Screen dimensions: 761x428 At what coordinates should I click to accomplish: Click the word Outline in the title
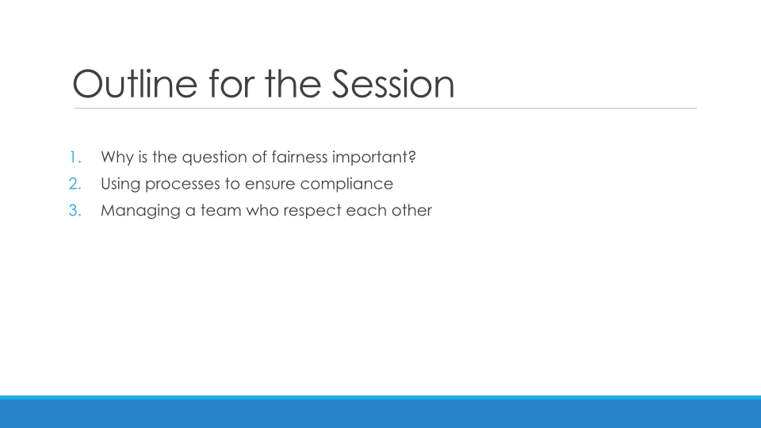pos(135,83)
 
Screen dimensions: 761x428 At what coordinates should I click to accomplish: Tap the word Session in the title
pos(393,83)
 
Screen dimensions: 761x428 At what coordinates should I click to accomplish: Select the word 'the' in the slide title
pos(293,83)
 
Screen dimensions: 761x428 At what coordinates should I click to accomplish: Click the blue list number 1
pos(75,157)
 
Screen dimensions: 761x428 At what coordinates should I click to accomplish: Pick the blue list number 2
pos(75,184)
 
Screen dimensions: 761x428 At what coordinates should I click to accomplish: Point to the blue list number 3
pos(75,211)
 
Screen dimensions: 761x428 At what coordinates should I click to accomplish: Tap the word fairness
pos(300,157)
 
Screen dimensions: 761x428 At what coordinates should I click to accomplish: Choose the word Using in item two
pos(120,185)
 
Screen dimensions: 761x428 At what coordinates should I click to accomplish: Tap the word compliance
pos(346,185)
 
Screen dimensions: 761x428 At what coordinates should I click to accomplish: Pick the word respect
pos(312,212)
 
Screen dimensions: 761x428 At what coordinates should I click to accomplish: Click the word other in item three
pos(413,211)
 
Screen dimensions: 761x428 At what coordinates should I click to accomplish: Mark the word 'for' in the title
pos(231,83)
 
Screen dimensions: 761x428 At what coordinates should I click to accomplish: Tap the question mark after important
pos(412,157)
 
